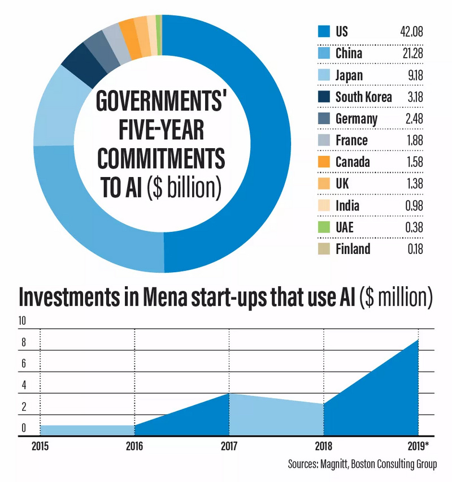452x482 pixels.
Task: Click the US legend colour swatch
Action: pos(323,31)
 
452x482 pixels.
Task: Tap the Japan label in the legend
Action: pos(349,75)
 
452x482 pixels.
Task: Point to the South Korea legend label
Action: pos(363,97)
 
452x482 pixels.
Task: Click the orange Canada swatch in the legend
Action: pos(323,162)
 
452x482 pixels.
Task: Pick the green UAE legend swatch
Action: pos(323,227)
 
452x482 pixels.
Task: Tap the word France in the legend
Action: pos(351,140)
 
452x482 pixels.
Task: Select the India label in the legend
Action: pos(347,205)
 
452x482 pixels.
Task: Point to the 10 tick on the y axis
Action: pos(23,321)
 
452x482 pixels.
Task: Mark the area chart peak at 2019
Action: pos(418,340)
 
